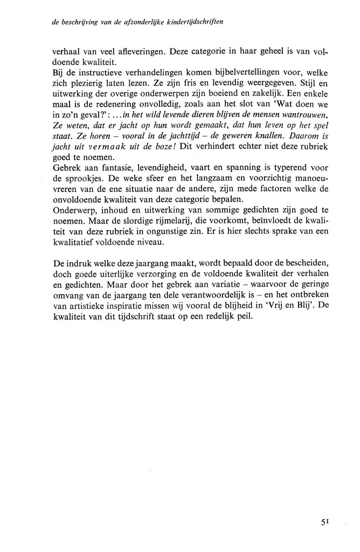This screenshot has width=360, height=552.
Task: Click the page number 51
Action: pos(323,521)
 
